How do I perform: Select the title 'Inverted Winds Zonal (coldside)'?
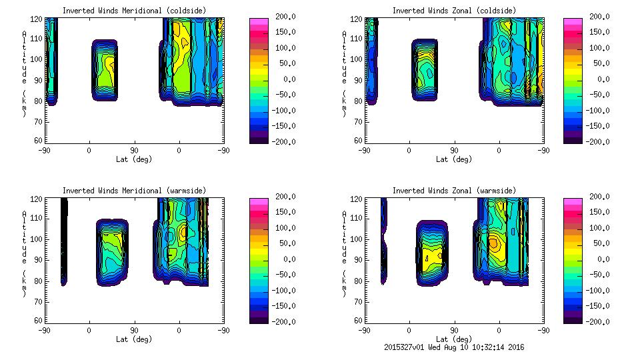pyautogui.click(x=453, y=11)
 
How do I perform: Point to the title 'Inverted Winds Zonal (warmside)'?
pyautogui.click(x=453, y=191)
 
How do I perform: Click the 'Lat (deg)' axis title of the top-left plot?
pyautogui.click(x=134, y=159)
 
